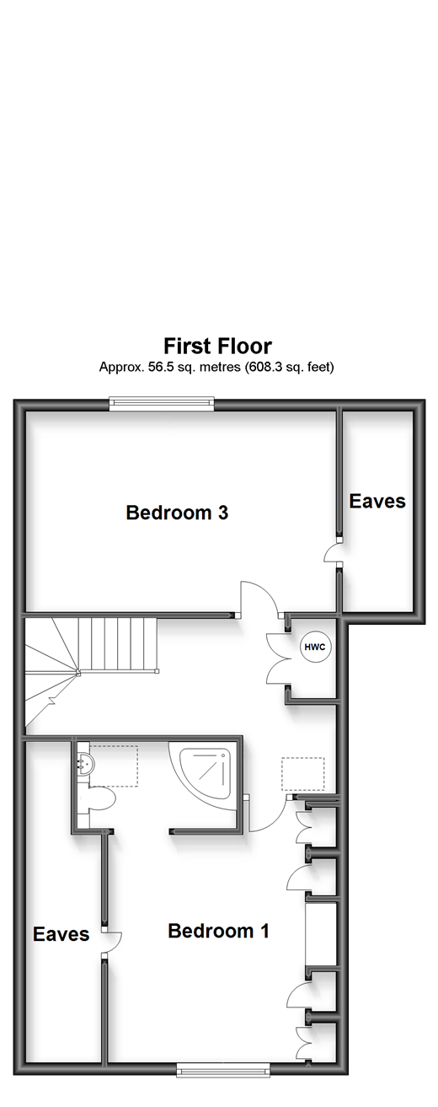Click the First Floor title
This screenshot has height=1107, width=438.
click(218, 347)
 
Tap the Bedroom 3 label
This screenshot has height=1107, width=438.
click(177, 513)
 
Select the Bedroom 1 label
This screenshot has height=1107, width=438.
click(218, 931)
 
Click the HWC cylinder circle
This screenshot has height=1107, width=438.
click(315, 647)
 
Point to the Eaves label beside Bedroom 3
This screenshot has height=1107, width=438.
click(377, 501)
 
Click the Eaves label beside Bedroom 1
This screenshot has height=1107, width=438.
click(61, 934)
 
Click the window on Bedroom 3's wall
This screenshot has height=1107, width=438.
click(162, 404)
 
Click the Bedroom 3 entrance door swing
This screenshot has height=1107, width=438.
click(259, 599)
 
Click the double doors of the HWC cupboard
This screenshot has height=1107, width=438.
click(277, 658)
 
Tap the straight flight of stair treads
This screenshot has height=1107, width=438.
click(118, 645)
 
